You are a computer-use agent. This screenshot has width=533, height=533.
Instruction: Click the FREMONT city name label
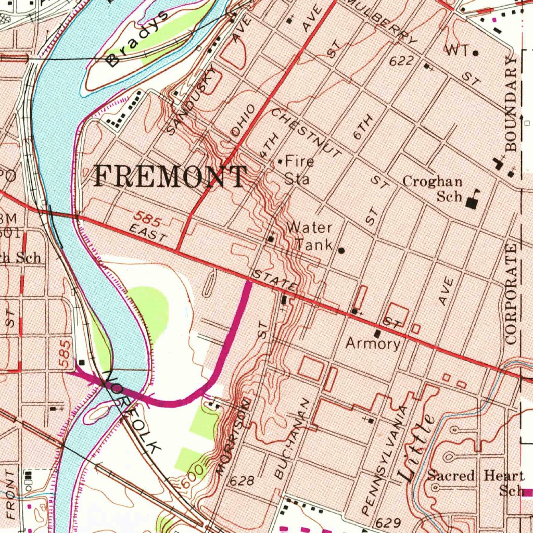click(170, 177)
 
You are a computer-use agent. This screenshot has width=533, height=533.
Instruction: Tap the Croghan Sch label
click(433, 189)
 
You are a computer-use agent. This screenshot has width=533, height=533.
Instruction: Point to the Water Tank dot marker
click(341, 250)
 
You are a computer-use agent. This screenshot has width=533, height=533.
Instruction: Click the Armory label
click(373, 344)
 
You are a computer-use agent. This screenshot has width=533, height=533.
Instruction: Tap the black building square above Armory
click(377, 333)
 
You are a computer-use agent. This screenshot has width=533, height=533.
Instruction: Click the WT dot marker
click(475, 53)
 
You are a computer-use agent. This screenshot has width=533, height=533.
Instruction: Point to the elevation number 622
click(401, 61)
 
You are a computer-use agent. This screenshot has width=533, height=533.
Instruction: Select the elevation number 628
click(242, 480)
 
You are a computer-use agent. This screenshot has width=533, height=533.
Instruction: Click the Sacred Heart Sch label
click(475, 483)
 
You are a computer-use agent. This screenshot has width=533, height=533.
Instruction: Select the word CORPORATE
click(512, 294)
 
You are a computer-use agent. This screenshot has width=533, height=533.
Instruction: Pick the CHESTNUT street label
click(306, 132)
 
